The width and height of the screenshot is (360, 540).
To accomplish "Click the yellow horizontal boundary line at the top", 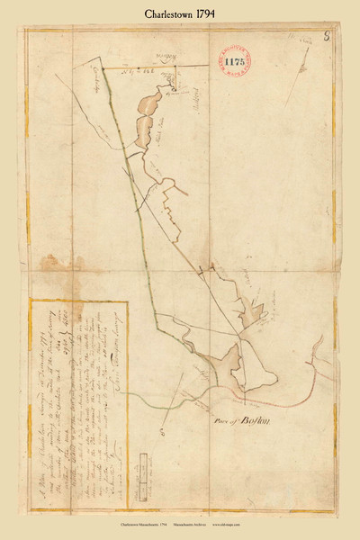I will click(135, 67).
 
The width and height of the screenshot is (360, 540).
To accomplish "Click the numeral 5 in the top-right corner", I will click(325, 39).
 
